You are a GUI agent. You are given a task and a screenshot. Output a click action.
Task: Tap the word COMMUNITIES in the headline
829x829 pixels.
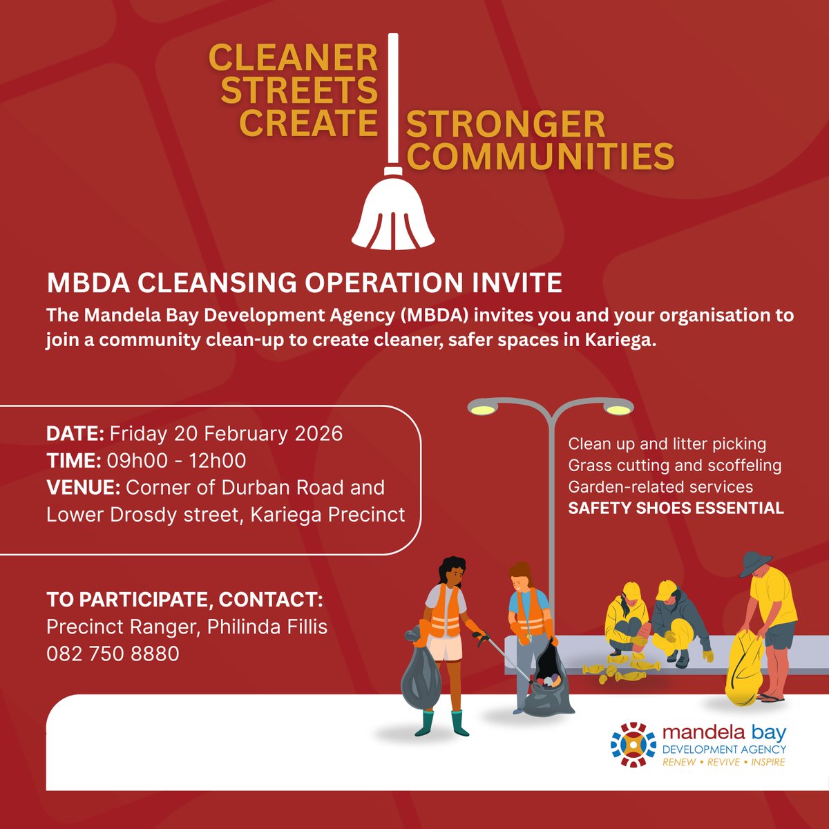[x=540, y=156]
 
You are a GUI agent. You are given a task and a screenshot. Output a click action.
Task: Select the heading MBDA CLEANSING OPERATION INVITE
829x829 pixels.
[x=304, y=283]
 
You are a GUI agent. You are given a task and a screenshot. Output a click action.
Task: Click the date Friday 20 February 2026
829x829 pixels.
[x=226, y=434]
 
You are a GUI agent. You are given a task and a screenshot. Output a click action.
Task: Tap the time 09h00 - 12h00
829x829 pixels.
[x=176, y=461]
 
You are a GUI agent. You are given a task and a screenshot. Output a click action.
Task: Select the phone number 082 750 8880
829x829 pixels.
[x=113, y=654]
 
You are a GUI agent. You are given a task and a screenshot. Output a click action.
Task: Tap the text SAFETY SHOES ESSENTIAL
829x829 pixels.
[x=676, y=508]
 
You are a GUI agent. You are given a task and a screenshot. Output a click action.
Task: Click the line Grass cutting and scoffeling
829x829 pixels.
[x=674, y=466]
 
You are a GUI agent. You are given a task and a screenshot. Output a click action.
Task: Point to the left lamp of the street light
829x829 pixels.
[x=482, y=409]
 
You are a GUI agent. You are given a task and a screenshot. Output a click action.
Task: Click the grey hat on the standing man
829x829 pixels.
[x=755, y=563]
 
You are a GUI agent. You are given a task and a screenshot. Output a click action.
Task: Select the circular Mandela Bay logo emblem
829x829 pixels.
[x=633, y=745]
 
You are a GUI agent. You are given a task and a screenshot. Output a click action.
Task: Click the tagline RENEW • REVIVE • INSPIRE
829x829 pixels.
[x=723, y=763]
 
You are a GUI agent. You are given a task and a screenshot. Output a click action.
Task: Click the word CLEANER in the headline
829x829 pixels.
[x=293, y=58]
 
